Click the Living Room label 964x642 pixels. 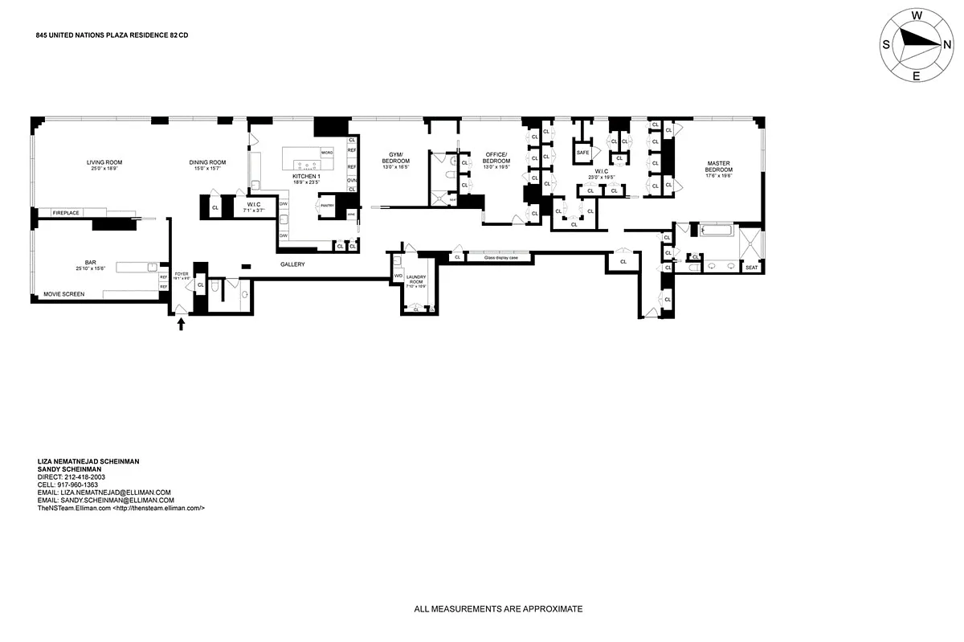[x=104, y=162]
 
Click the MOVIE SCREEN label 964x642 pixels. [x=64, y=294]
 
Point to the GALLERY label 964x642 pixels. [x=292, y=264]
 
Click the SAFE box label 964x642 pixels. [x=583, y=152]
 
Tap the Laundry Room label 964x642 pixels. [x=416, y=280]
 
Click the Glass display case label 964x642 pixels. [x=499, y=257]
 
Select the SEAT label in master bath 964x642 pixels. [x=751, y=268]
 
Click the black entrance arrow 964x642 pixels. [x=181, y=323]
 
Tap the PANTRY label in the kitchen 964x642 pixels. [x=327, y=206]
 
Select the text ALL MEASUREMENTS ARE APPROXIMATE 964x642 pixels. [x=498, y=609]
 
